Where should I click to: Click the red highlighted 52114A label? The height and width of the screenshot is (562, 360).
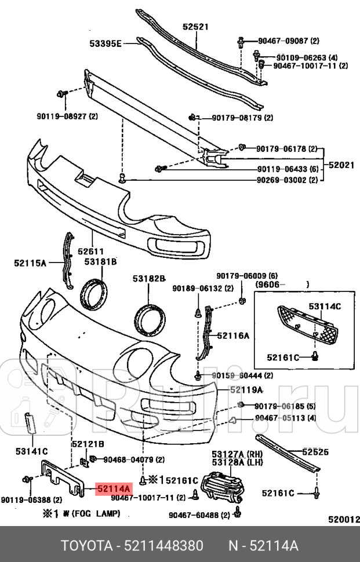click(114, 488)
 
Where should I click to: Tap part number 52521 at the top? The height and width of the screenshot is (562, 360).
click(195, 27)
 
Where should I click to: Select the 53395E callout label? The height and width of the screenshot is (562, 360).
click(105, 42)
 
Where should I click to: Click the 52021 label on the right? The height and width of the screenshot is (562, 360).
click(341, 165)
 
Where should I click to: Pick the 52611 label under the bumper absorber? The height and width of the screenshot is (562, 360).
click(92, 251)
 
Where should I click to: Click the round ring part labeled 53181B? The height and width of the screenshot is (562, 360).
click(95, 293)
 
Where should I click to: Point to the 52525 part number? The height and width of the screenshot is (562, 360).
click(315, 451)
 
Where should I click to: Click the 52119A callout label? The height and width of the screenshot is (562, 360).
click(246, 389)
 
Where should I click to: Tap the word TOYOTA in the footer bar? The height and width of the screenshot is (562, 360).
click(86, 546)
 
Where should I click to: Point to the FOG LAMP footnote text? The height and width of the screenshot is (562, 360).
click(81, 513)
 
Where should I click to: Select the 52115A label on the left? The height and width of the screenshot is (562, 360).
click(30, 263)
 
